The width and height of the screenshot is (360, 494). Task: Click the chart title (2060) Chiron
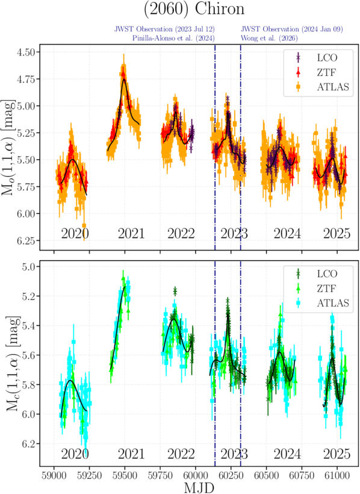(194, 8)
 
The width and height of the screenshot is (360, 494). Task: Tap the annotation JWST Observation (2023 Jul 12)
(164, 29)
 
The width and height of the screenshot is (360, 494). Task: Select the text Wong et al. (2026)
(269, 38)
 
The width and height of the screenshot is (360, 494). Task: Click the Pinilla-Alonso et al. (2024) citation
(173, 38)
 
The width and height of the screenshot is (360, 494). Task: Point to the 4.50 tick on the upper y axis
(26, 51)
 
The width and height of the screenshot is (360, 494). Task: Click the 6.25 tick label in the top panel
(26, 240)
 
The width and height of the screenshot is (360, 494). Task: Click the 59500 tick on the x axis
(125, 475)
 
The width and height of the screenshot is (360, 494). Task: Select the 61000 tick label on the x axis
(337, 475)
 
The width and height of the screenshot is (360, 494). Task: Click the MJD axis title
(199, 487)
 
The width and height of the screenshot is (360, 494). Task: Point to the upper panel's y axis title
(9, 148)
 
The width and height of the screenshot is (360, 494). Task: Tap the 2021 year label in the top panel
(131, 234)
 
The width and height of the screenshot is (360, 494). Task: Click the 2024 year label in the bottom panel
(287, 454)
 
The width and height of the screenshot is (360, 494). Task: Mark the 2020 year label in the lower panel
(75, 454)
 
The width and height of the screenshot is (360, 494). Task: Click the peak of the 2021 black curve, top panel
(125, 80)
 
